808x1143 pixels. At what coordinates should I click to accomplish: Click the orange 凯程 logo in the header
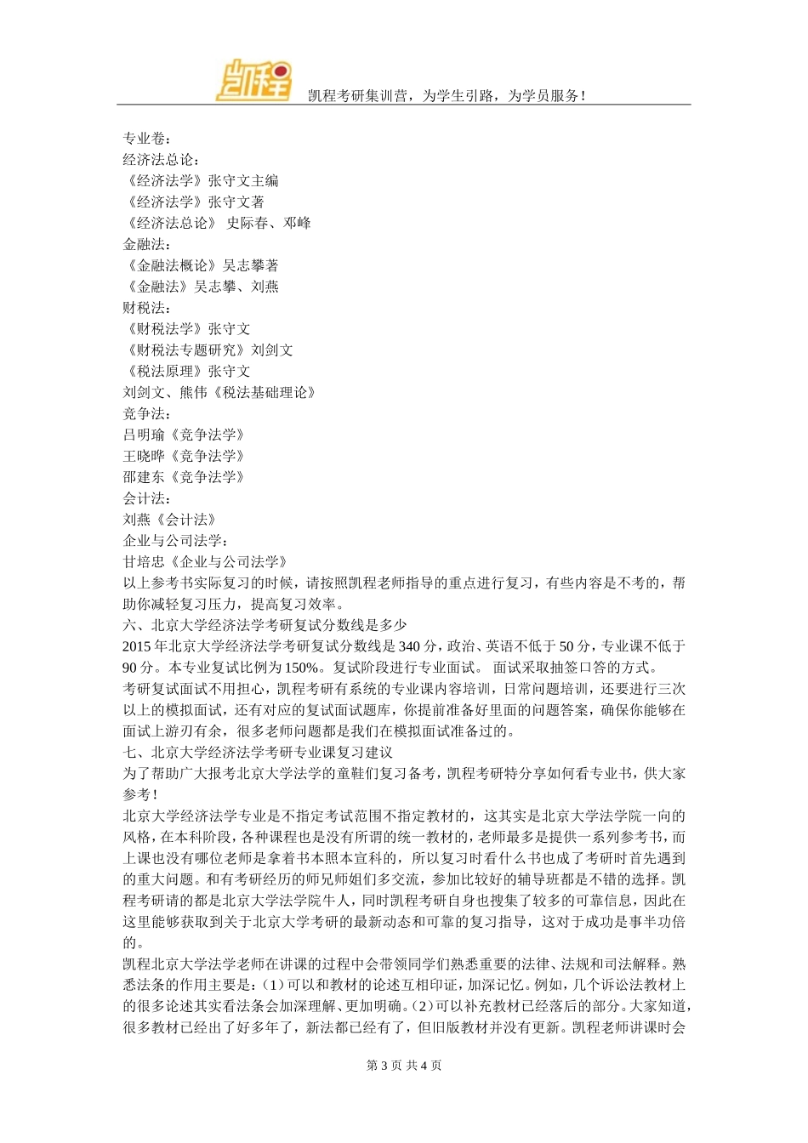253,81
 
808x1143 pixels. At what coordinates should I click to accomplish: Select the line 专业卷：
146,138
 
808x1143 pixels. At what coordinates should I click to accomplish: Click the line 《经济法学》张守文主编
201,180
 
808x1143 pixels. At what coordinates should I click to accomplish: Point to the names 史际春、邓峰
269,223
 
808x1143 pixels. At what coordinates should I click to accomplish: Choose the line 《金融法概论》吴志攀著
201,265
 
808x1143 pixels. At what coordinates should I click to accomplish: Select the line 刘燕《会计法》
170,520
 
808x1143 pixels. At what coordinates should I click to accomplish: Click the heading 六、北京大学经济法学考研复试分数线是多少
265,625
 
